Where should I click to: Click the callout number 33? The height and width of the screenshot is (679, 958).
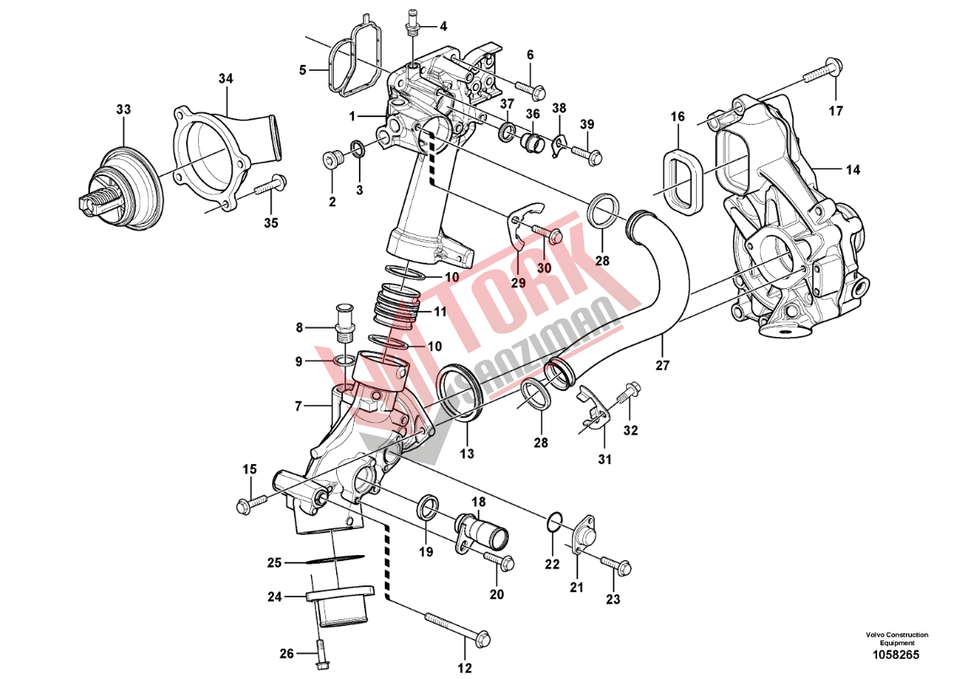123,110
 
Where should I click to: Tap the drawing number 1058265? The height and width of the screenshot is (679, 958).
896,655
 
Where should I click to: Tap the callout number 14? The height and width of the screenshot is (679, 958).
853,170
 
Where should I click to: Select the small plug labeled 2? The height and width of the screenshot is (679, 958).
332,158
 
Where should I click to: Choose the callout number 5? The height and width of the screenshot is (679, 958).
302,70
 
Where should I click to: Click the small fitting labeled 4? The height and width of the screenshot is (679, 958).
412,21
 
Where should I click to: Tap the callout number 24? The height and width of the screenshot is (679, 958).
274,597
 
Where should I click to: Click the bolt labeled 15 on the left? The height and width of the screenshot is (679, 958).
252,502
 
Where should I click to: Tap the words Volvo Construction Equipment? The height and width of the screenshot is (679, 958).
896,639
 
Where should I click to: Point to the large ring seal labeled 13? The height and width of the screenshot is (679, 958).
460,389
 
